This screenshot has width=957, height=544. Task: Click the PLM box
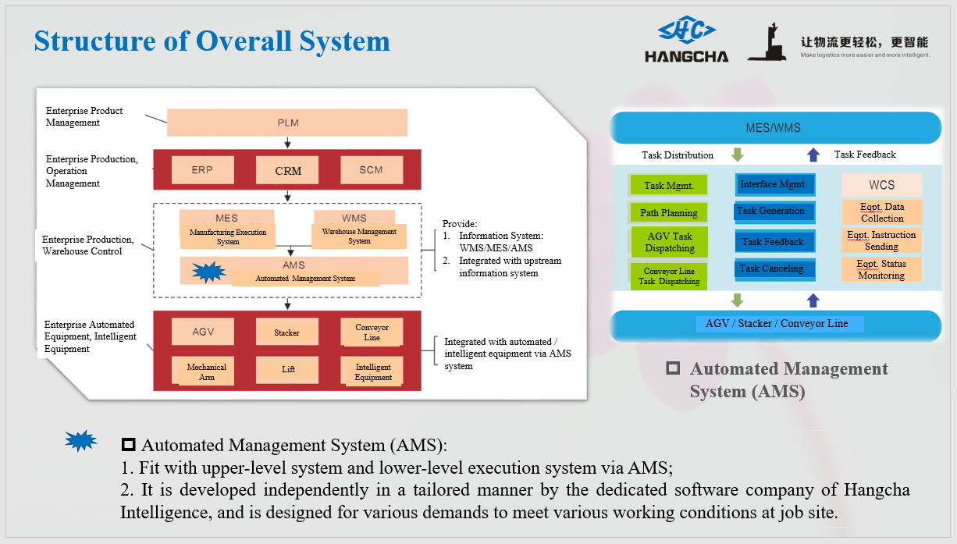coord(287,123)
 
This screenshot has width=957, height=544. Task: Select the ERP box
coord(202,170)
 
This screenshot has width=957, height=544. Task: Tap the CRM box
coord(288,170)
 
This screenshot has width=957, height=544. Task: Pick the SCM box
coord(372,170)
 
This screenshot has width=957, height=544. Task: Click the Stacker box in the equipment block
coord(286,332)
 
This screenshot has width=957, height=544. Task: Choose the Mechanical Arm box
coord(206,372)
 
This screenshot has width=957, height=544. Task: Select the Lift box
coord(287,369)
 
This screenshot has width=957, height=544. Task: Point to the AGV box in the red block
coord(202,332)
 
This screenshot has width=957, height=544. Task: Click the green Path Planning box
coord(669,212)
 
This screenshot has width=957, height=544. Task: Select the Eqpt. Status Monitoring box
coord(881,269)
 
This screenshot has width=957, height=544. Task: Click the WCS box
coord(881,185)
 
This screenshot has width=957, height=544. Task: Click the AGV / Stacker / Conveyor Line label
coord(776,323)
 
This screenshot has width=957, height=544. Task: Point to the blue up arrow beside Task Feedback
coord(813,155)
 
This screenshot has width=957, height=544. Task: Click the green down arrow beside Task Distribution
coord(736,155)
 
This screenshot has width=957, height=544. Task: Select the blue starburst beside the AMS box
coord(208,272)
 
